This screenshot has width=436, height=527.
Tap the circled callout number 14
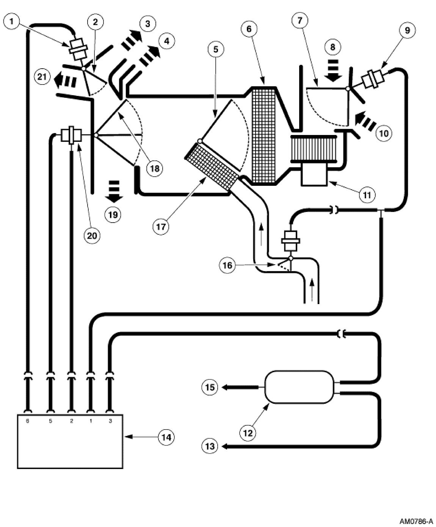(x=166, y=437)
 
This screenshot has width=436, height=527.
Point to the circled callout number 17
(x=160, y=226)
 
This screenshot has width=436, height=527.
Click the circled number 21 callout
(x=42, y=77)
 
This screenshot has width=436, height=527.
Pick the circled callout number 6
(x=251, y=28)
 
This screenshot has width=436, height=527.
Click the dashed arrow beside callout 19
(x=114, y=191)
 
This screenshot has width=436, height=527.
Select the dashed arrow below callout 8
(x=333, y=71)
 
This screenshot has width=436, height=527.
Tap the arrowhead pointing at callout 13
(x=224, y=447)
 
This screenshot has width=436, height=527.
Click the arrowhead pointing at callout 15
(x=224, y=387)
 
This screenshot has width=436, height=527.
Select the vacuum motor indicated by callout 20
(x=71, y=135)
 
